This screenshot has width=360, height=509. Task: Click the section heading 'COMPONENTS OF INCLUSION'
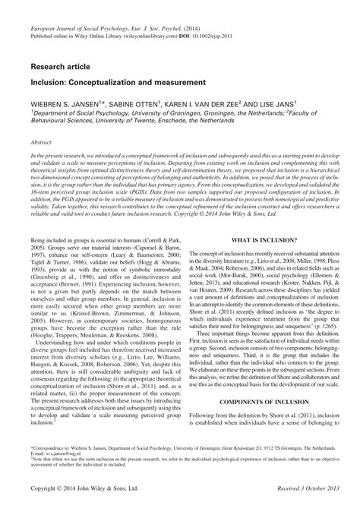point(267,401)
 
